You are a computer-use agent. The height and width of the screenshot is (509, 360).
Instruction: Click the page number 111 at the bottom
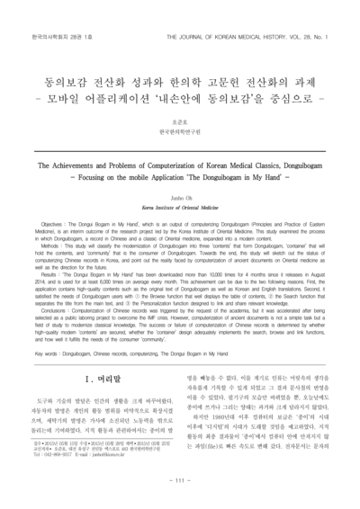180,483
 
